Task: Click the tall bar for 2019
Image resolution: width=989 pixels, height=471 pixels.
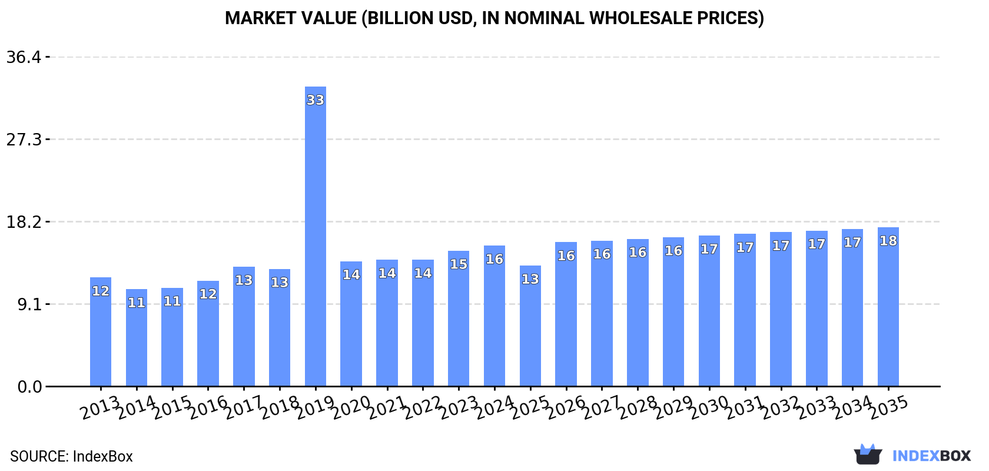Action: [316, 235]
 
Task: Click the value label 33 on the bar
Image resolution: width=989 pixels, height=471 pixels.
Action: [316, 100]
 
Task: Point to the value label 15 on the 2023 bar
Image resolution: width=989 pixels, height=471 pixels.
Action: [459, 264]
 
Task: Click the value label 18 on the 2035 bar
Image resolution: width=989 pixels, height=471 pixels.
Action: [888, 241]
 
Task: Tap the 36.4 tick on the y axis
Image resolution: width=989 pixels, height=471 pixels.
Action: [24, 57]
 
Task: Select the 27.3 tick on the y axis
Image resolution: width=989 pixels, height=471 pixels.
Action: [24, 140]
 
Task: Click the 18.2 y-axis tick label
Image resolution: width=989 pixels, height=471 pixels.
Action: [24, 222]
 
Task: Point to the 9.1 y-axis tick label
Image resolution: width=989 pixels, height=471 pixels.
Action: [28, 304]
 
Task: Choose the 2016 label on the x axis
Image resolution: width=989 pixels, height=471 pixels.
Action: [208, 407]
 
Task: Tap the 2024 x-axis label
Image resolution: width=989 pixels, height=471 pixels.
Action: [494, 407]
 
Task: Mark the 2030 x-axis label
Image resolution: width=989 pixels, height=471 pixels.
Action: [709, 407]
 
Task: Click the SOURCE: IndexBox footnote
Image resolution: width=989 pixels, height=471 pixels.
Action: [71, 456]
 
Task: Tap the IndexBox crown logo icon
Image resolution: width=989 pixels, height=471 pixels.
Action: [868, 455]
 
